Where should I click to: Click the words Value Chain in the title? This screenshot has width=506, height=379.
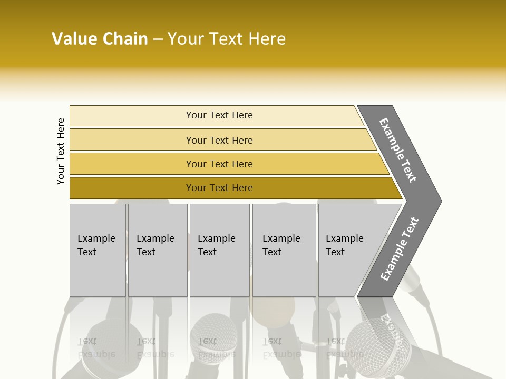pos(100,39)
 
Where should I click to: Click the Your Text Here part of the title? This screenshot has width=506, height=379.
pos(227,39)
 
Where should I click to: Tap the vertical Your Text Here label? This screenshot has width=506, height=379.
pos(61,151)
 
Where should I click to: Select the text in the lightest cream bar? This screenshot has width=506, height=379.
pos(219,115)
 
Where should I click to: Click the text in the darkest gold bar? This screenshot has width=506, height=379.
pos(219,188)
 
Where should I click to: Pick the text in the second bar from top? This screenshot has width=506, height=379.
pos(219,141)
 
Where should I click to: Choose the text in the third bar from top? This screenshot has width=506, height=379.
pos(219,164)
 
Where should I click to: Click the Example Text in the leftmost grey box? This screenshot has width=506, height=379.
pos(96,245)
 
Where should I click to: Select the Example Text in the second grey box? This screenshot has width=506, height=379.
pos(155,245)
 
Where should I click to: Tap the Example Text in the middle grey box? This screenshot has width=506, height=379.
pos(216,245)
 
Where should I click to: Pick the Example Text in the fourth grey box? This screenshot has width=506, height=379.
pos(281,245)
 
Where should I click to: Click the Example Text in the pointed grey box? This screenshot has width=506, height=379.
pos(344,245)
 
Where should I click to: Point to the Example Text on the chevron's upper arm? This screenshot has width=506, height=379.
pos(398,150)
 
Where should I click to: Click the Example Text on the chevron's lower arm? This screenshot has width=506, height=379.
pos(400,249)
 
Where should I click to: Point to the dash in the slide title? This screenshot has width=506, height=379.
pos(158,39)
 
